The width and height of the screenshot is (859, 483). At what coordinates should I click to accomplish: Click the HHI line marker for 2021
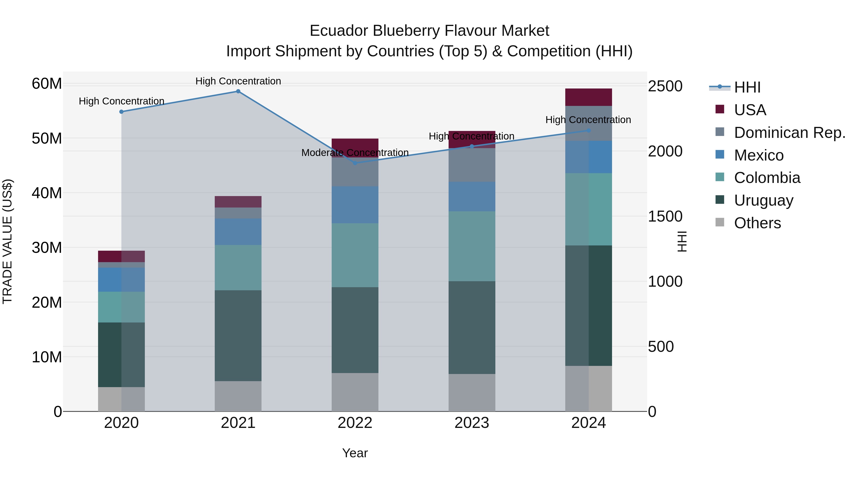click(238, 91)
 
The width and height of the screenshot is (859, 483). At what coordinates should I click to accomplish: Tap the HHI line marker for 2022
click(355, 163)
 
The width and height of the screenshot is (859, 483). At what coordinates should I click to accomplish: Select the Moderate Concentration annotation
click(355, 153)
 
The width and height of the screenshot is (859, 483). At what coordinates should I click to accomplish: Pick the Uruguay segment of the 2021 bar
click(238, 335)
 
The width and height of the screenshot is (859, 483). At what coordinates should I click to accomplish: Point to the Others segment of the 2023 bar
click(471, 392)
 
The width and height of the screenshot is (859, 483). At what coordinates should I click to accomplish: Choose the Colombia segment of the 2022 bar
click(355, 255)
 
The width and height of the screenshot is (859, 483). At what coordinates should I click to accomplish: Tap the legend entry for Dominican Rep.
click(790, 133)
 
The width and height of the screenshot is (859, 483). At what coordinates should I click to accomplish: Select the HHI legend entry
click(747, 87)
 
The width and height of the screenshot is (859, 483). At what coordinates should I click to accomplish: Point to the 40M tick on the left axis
click(47, 193)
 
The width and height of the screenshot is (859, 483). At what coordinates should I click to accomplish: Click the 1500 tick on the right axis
click(665, 217)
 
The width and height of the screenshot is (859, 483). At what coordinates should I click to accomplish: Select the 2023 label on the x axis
click(471, 423)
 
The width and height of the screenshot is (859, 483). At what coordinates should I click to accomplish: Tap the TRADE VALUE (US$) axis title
click(7, 241)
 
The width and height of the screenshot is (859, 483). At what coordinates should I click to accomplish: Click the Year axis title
click(355, 453)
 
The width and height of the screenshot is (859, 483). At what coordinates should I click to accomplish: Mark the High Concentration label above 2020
click(121, 101)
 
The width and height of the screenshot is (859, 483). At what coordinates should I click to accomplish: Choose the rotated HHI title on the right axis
click(682, 241)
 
